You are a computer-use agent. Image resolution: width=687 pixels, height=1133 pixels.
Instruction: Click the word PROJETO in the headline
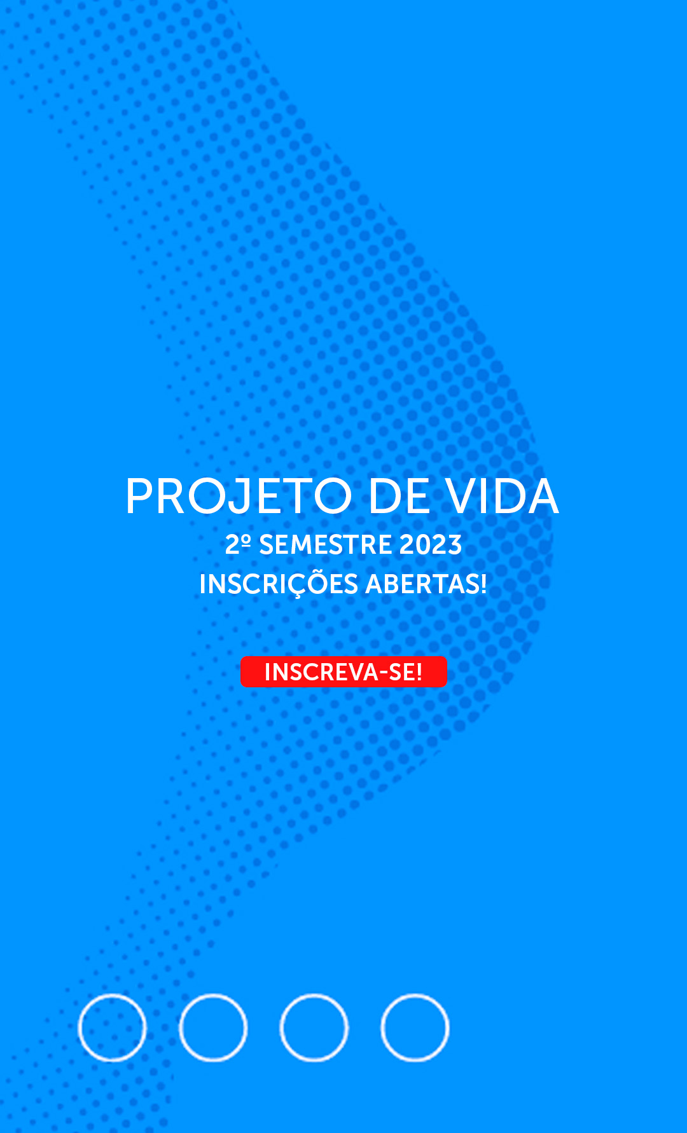tap(239, 496)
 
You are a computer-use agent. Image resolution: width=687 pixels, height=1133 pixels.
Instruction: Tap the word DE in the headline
tap(399, 496)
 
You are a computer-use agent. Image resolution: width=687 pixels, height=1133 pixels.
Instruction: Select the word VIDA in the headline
tap(502, 496)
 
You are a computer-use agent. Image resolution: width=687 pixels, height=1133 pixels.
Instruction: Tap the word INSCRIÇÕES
tap(279, 584)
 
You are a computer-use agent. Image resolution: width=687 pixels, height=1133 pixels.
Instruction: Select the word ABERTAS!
tap(426, 584)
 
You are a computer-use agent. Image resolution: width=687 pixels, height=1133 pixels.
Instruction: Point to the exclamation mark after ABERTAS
tap(483, 584)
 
